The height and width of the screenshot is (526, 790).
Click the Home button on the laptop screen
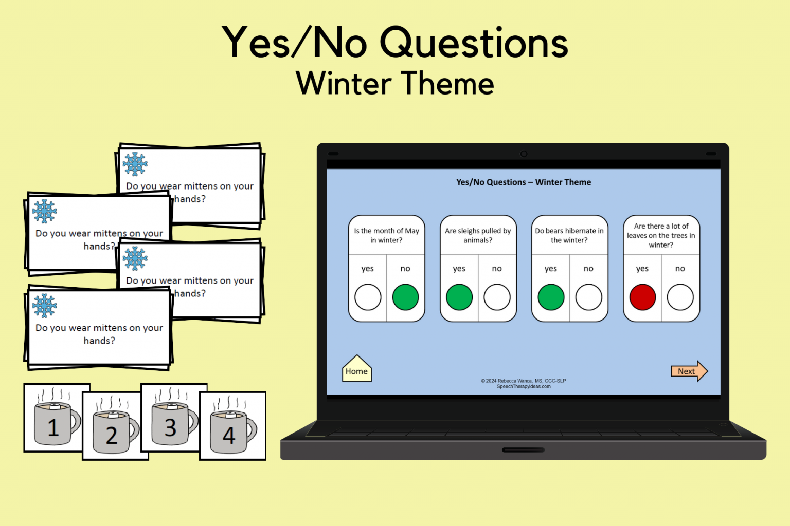click(356, 370)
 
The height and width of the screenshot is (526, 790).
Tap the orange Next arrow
click(688, 371)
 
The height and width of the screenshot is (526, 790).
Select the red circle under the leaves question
click(642, 297)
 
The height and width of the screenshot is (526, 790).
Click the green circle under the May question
click(405, 297)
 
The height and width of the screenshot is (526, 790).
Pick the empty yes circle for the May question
click(368, 297)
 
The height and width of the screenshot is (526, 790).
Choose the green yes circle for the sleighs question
click(459, 297)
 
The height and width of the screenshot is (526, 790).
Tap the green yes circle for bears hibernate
click(551, 297)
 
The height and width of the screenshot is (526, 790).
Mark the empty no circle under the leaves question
click(680, 297)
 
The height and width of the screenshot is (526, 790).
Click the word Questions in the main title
click(474, 43)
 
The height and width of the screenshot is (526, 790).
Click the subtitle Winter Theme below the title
click(395, 84)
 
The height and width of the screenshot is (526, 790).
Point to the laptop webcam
click(524, 154)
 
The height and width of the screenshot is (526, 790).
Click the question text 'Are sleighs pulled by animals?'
click(478, 235)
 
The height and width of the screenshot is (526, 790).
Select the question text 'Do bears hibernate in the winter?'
click(569, 235)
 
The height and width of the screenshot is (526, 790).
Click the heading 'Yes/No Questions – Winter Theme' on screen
click(523, 182)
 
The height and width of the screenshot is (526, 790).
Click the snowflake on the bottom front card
click(45, 306)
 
